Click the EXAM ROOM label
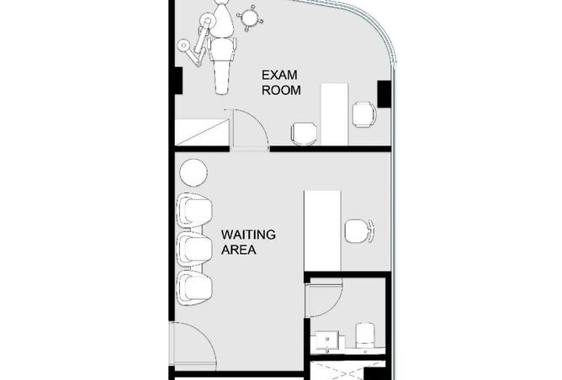tap(281, 82)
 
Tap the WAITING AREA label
tap(248, 242)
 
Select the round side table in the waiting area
tap(194, 172)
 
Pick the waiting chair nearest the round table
tap(195, 210)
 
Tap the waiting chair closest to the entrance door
tap(195, 288)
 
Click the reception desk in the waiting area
tap(322, 231)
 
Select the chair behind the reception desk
tap(359, 231)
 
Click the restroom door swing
tap(325, 300)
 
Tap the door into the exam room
tap(250, 128)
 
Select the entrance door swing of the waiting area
tap(194, 346)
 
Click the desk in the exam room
tap(334, 114)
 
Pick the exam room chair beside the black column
tap(364, 113)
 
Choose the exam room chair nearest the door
tap(305, 134)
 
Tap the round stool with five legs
tap(250, 18)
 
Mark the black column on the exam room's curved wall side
tap(384, 94)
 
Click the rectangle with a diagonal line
tap(202, 132)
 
